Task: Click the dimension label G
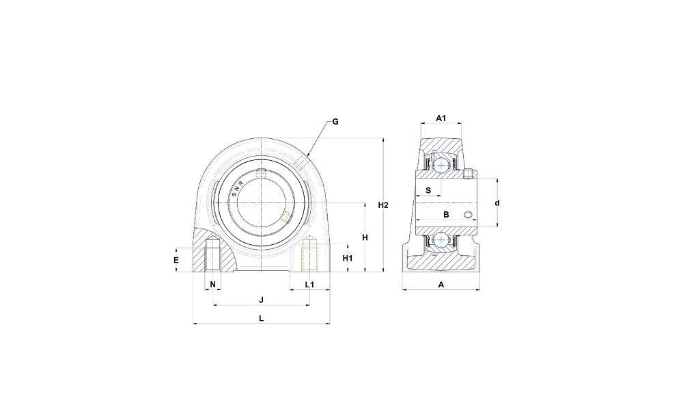tap(335, 122)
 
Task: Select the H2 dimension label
tap(383, 205)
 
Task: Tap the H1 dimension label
tap(347, 258)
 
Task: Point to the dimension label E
tap(176, 260)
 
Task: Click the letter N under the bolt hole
tap(212, 285)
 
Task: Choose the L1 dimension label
tap(309, 285)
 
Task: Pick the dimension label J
tap(262, 300)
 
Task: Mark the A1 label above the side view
tap(441, 118)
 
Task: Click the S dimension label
tap(428, 190)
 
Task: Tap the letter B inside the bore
tap(446, 214)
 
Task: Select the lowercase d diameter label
tap(497, 203)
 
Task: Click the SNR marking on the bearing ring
tap(238, 189)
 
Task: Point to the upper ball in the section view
tap(443, 165)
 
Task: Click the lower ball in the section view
tap(443, 240)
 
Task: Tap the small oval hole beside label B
tap(469, 214)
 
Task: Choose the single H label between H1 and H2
tap(365, 237)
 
